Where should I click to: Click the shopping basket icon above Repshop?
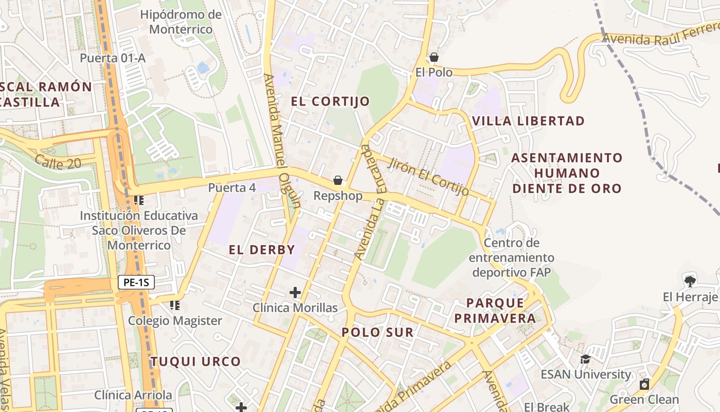338,180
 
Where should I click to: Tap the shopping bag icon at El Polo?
434,57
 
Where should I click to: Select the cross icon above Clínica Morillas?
295,293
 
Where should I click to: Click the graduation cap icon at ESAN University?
585,359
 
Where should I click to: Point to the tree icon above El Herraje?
690,281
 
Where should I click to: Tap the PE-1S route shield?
136,282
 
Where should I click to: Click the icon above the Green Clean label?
644,384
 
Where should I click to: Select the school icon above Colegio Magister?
175,305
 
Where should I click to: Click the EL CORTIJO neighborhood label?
330,101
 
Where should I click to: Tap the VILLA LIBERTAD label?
528,121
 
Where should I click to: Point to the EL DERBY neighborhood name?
262,250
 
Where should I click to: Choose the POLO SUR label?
377,333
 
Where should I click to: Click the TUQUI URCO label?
195,362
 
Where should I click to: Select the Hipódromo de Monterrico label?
181,22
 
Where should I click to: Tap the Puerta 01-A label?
113,58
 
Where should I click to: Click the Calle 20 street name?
58,163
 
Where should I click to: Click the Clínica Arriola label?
133,395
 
